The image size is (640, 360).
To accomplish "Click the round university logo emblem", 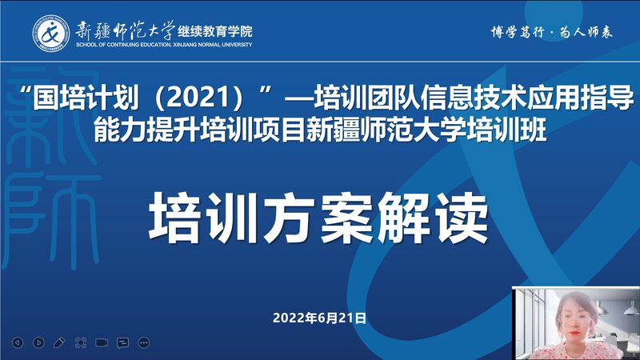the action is click(50, 33).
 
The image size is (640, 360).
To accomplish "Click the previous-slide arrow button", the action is click(18, 342).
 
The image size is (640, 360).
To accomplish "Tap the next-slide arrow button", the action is click(38, 342).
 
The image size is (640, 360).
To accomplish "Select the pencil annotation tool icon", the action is click(59, 342).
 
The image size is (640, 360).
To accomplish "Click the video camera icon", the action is click(102, 342).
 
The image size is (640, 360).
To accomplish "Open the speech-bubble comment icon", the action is click(123, 343).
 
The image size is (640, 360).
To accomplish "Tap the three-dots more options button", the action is click(144, 343).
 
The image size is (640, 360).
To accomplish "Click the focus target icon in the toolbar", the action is click(81, 342).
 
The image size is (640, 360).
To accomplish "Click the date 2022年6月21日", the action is click(319, 318).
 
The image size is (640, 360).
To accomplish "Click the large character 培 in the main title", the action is click(175, 218).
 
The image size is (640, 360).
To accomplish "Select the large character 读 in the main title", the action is click(462, 218).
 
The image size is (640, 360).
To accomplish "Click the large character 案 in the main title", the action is click(347, 218).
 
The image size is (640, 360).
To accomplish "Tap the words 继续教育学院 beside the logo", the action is click(215, 31).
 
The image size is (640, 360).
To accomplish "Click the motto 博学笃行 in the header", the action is click(518, 32).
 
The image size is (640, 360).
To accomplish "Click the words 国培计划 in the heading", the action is click(86, 98).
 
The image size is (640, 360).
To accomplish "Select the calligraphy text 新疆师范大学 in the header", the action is click(125, 30).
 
